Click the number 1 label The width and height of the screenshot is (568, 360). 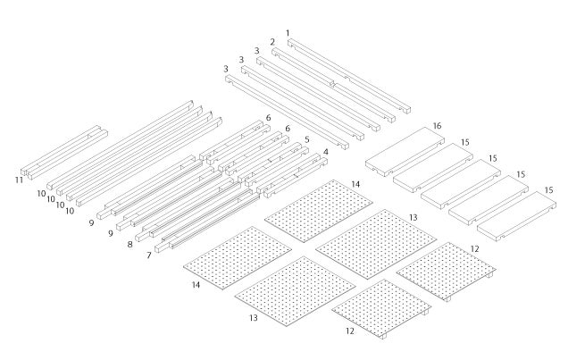pyautogui.click(x=288, y=33)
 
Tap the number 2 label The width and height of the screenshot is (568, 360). pyautogui.click(x=272, y=42)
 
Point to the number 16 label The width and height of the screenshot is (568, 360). pyautogui.click(x=438, y=126)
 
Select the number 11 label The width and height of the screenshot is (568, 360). pyautogui.click(x=19, y=180)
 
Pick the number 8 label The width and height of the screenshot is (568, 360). pyautogui.click(x=130, y=243)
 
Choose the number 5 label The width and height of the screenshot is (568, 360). pyautogui.click(x=307, y=140)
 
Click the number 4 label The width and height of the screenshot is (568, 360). pyautogui.click(x=325, y=152)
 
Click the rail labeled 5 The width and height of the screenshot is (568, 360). pyautogui.click(x=268, y=164)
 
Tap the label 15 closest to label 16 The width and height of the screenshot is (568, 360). pyautogui.click(x=465, y=141)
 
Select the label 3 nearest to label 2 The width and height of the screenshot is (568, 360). pyautogui.click(x=256, y=51)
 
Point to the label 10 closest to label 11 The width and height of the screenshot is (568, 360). pyautogui.click(x=41, y=193)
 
